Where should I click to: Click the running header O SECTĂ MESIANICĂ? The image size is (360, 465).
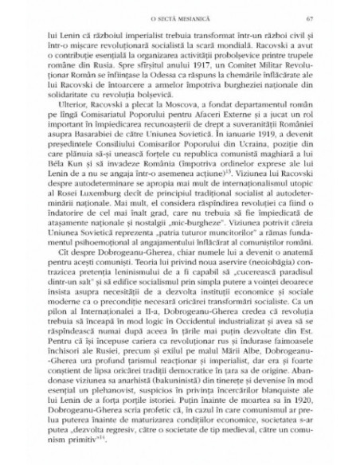pyautogui.click(x=180, y=29)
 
